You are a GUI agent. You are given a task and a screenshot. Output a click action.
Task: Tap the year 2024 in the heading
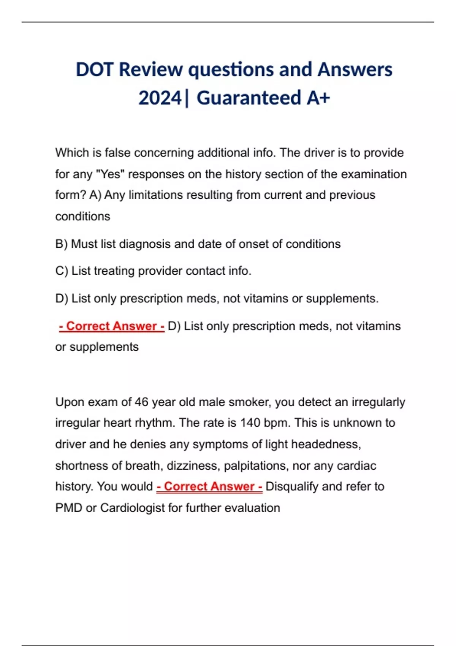tap(160, 98)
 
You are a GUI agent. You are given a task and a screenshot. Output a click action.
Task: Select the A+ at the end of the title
tap(318, 98)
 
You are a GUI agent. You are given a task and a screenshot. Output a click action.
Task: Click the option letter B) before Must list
tap(61, 244)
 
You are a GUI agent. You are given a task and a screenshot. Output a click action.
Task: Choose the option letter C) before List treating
tap(62, 271)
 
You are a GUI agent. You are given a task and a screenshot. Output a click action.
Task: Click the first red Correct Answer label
tap(112, 326)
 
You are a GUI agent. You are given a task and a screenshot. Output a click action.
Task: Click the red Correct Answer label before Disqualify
tap(209, 486)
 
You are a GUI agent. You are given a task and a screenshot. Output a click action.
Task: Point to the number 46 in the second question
tap(141, 402)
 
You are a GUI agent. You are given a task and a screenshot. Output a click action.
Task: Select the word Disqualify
tap(293, 486)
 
